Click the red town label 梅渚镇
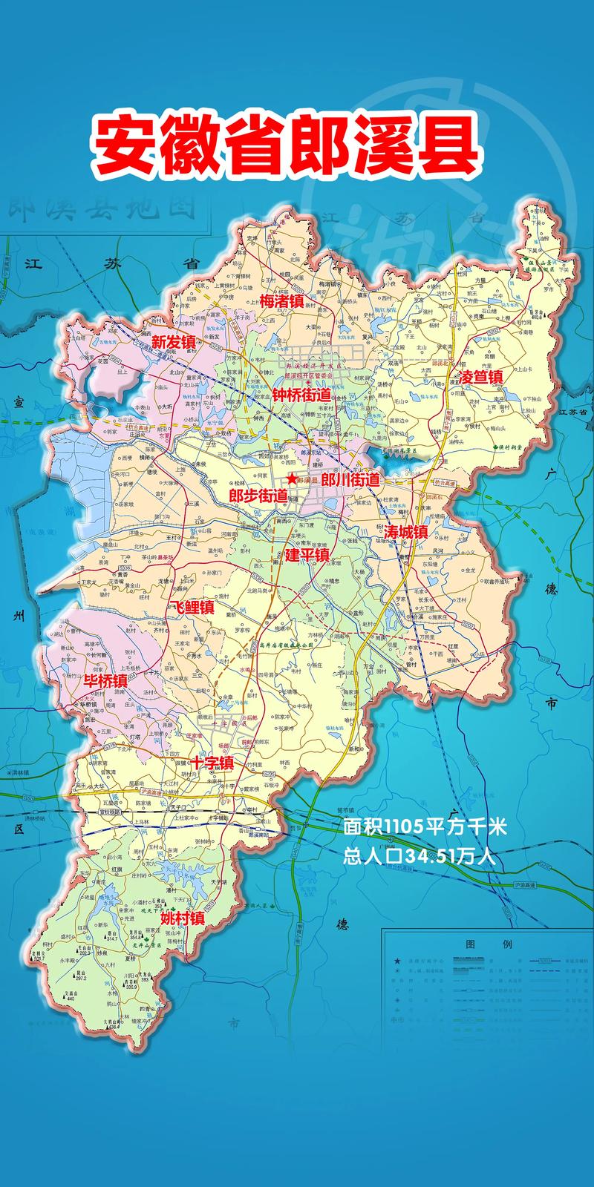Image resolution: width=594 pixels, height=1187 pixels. pos(282,300)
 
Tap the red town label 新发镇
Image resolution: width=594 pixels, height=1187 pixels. pos(174,342)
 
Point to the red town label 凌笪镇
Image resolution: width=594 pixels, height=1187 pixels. pos(481,376)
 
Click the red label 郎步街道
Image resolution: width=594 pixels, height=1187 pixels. pos(258,495)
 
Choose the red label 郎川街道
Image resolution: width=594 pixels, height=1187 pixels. pos(350,480)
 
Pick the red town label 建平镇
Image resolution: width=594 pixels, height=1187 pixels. pos(307,554)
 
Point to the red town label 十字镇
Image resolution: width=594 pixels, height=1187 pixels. pos(212,763)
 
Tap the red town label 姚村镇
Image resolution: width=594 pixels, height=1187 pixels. pos(183,918)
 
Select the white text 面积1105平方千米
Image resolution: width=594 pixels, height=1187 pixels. pos(425,827)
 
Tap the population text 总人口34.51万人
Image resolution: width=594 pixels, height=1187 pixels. pos(420,857)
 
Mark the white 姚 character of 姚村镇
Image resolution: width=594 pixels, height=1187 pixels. pos(167,918)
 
